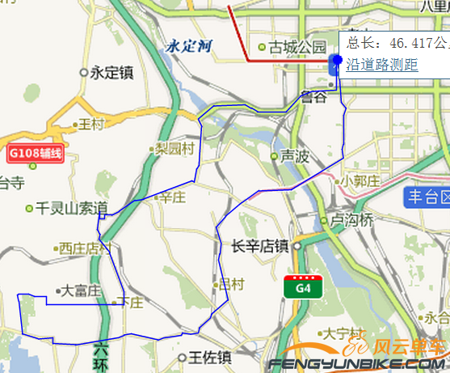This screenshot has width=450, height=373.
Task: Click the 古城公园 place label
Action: point(297,47)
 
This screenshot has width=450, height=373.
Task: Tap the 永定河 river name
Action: point(187,47)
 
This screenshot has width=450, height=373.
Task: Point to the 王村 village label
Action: point(93,125)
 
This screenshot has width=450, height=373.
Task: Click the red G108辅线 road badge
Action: point(35,152)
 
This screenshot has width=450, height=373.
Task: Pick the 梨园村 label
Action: point(176,149)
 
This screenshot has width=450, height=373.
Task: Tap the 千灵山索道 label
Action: point(72,208)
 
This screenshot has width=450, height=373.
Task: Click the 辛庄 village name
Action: point(172,197)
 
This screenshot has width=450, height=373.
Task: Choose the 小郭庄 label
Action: point(360,181)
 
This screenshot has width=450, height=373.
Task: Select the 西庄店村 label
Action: point(84,249)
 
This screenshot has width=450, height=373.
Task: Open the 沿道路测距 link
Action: point(382,64)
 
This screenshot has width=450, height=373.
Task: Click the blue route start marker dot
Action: point(337,58)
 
